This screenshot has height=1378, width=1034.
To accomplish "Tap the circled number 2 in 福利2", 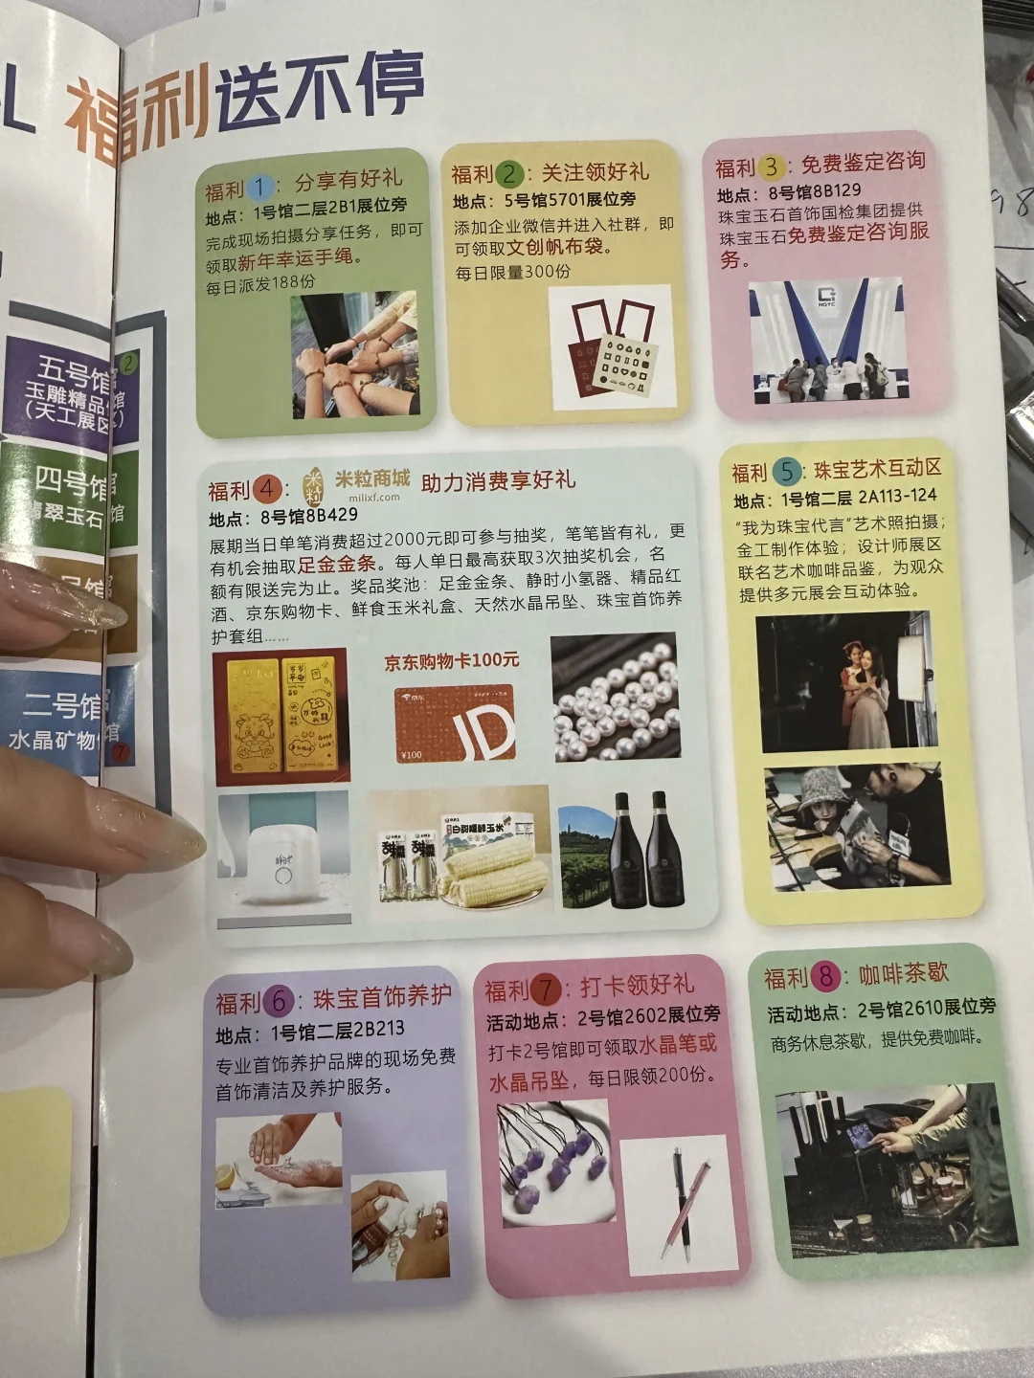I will (x=510, y=174).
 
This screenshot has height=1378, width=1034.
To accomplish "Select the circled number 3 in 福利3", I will (x=772, y=167).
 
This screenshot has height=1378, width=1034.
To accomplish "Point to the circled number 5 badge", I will (x=787, y=471).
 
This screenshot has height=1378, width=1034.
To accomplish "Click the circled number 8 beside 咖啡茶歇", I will (x=825, y=977).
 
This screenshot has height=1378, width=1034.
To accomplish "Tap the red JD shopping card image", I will (x=454, y=723).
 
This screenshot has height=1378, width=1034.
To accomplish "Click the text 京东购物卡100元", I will (x=451, y=661).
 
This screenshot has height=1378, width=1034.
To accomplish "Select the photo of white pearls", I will (x=615, y=697).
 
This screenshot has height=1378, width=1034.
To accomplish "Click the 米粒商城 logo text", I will (x=371, y=478).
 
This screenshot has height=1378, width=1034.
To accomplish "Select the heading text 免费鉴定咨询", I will (x=863, y=162).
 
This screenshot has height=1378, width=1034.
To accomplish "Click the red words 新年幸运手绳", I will (x=295, y=259).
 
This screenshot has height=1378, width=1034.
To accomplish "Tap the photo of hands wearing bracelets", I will (x=353, y=354).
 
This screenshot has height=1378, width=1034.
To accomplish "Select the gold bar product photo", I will (x=282, y=715).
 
